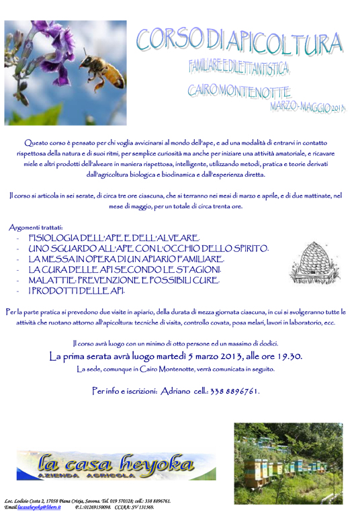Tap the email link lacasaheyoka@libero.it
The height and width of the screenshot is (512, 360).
point(42,507)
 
